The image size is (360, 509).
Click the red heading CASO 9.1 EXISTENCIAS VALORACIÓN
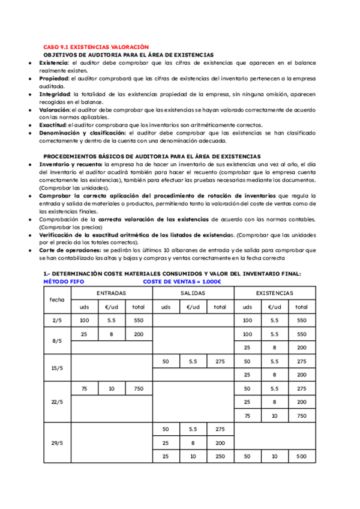(95, 47)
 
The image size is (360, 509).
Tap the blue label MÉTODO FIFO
(64, 281)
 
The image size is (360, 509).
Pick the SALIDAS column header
(193, 293)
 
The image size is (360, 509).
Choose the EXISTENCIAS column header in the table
(274, 293)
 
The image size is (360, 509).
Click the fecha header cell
(57, 300)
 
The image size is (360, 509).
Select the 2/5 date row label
(57, 321)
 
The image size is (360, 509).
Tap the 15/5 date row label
(57, 368)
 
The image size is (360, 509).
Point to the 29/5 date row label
(57, 443)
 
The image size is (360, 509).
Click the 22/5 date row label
(57, 402)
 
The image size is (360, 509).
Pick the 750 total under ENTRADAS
(138, 389)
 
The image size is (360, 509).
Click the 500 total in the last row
(301, 457)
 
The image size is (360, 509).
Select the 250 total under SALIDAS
(220, 457)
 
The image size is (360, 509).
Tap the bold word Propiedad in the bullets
(54, 78)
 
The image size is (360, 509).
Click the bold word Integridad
(55, 94)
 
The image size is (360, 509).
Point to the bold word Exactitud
(53, 125)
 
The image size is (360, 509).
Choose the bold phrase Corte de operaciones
(70, 250)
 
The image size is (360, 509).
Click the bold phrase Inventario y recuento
(70, 164)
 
